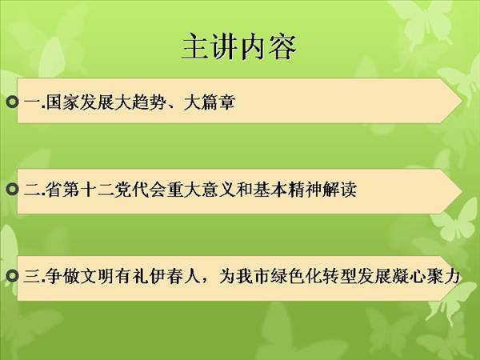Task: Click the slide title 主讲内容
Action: pos(239,47)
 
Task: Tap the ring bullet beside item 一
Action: pos(12,102)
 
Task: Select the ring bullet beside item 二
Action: pos(12,189)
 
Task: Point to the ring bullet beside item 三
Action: pos(12,276)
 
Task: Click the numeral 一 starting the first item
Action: pos(32,102)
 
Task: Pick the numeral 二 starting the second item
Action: pos(32,189)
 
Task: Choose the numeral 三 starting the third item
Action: pos(32,277)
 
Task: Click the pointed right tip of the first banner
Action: pos(462,101)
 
